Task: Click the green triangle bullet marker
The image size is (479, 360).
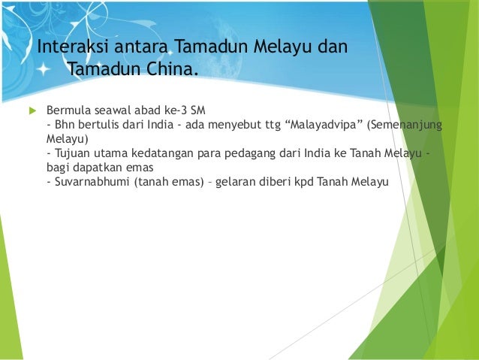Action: [x=32, y=110]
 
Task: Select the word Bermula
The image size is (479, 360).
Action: [x=70, y=109]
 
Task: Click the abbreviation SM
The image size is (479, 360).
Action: [x=197, y=109]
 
